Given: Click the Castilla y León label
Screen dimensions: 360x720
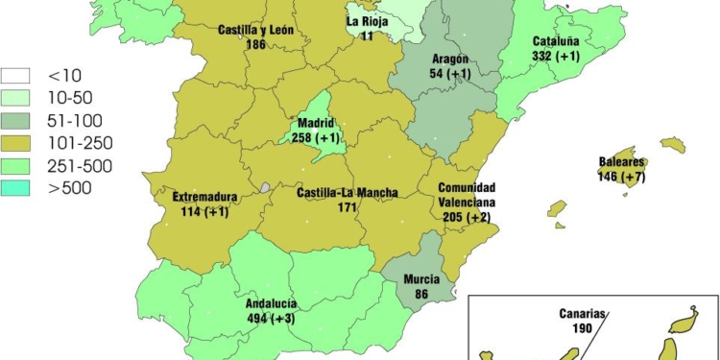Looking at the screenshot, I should [x=255, y=30].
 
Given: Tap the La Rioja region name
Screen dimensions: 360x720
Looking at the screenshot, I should [x=367, y=21].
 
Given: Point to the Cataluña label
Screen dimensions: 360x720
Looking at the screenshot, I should [x=556, y=42].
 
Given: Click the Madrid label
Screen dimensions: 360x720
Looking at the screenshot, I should [x=316, y=124].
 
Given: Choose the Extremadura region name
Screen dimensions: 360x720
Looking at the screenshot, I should [x=204, y=198].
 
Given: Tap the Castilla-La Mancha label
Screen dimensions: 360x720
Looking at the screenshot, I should [x=348, y=193].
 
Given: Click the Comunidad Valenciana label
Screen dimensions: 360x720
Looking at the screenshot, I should [x=467, y=196].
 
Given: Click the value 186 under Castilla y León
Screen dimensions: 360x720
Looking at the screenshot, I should [x=255, y=44].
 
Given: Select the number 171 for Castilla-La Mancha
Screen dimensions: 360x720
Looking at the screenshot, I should [x=348, y=207].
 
